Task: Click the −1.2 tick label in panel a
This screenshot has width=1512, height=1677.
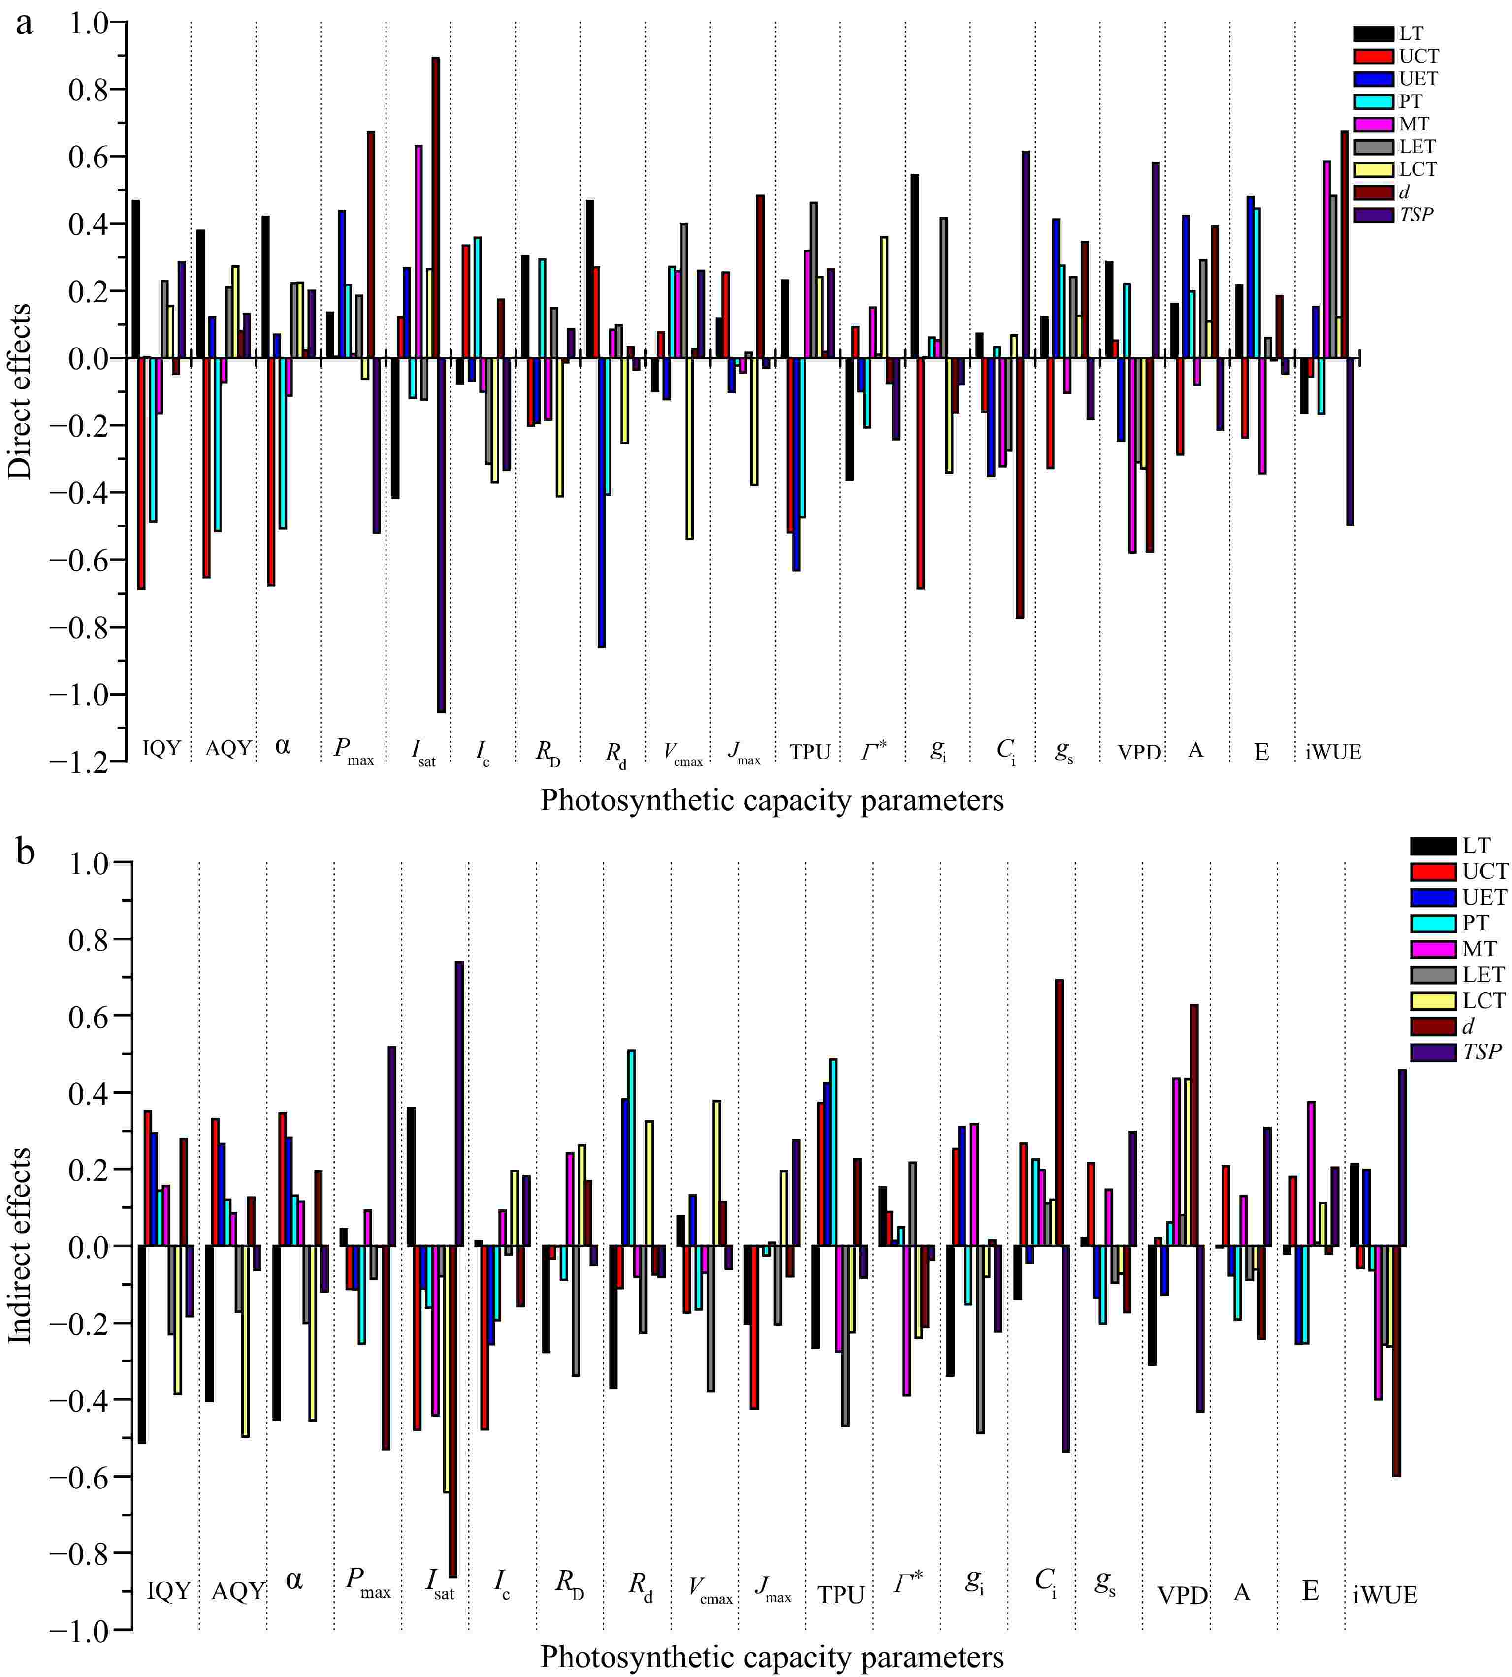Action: pyautogui.click(x=81, y=761)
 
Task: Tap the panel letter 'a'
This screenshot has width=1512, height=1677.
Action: pyautogui.click(x=25, y=23)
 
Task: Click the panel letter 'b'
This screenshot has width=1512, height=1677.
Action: pyautogui.click(x=25, y=852)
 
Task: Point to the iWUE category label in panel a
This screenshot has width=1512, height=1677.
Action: pyautogui.click(x=1333, y=752)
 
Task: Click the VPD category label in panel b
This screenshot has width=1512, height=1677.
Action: pyautogui.click(x=1183, y=1595)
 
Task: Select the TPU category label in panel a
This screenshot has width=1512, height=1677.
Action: pyautogui.click(x=810, y=752)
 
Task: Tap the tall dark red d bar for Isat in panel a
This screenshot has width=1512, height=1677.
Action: pyautogui.click(x=435, y=208)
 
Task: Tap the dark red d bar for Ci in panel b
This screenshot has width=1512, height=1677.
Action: pyautogui.click(x=1059, y=1113)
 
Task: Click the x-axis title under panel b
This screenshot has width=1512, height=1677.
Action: pyautogui.click(x=772, y=1658)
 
